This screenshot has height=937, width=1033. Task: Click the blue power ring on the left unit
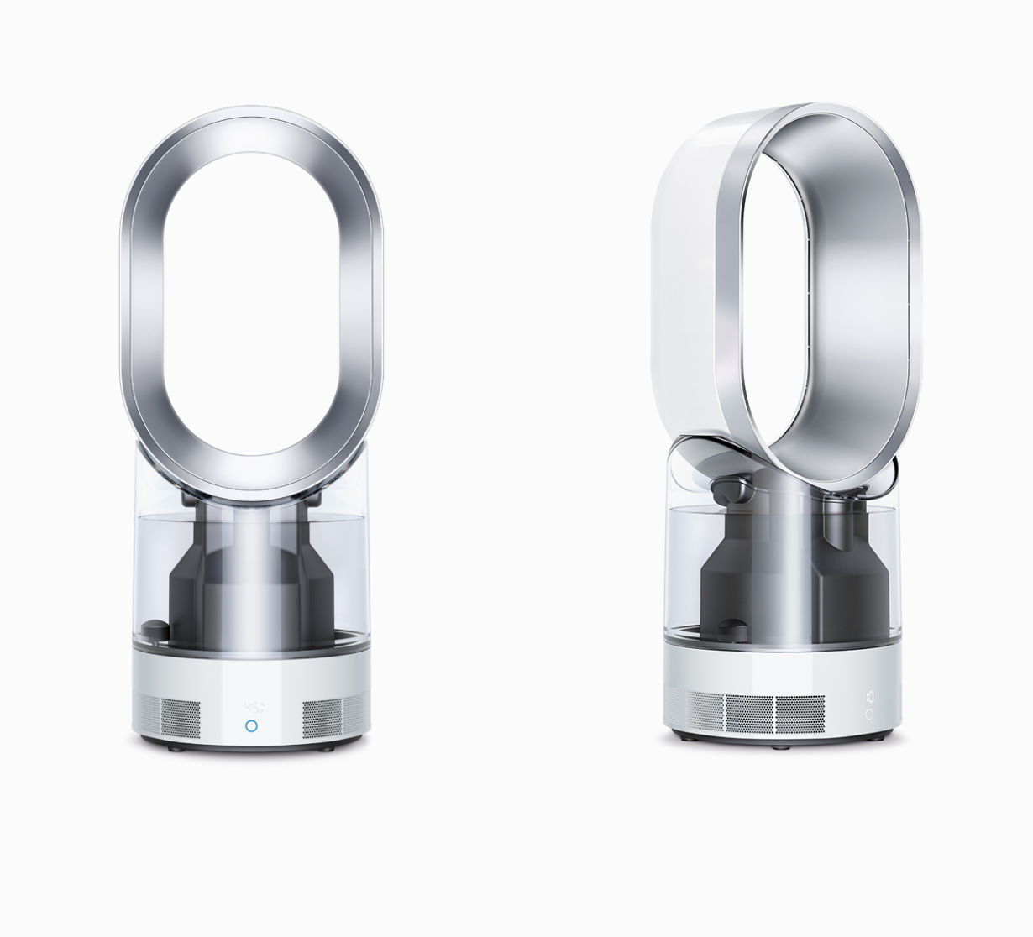251,725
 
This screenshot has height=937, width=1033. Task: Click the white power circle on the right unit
869,715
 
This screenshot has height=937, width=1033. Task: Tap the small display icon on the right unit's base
869,697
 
